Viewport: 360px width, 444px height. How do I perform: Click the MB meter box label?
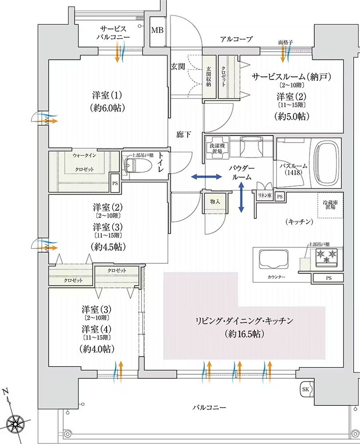click(157, 30)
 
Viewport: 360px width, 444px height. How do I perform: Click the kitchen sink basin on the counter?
click(271, 258)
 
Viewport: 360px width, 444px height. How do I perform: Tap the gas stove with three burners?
click(326, 257)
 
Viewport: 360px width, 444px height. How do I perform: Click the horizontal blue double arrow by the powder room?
click(206, 177)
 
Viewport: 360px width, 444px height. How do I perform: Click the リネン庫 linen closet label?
click(263, 196)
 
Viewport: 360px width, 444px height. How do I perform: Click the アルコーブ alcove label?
click(236, 40)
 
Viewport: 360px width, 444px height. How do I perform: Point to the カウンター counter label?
click(277, 277)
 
